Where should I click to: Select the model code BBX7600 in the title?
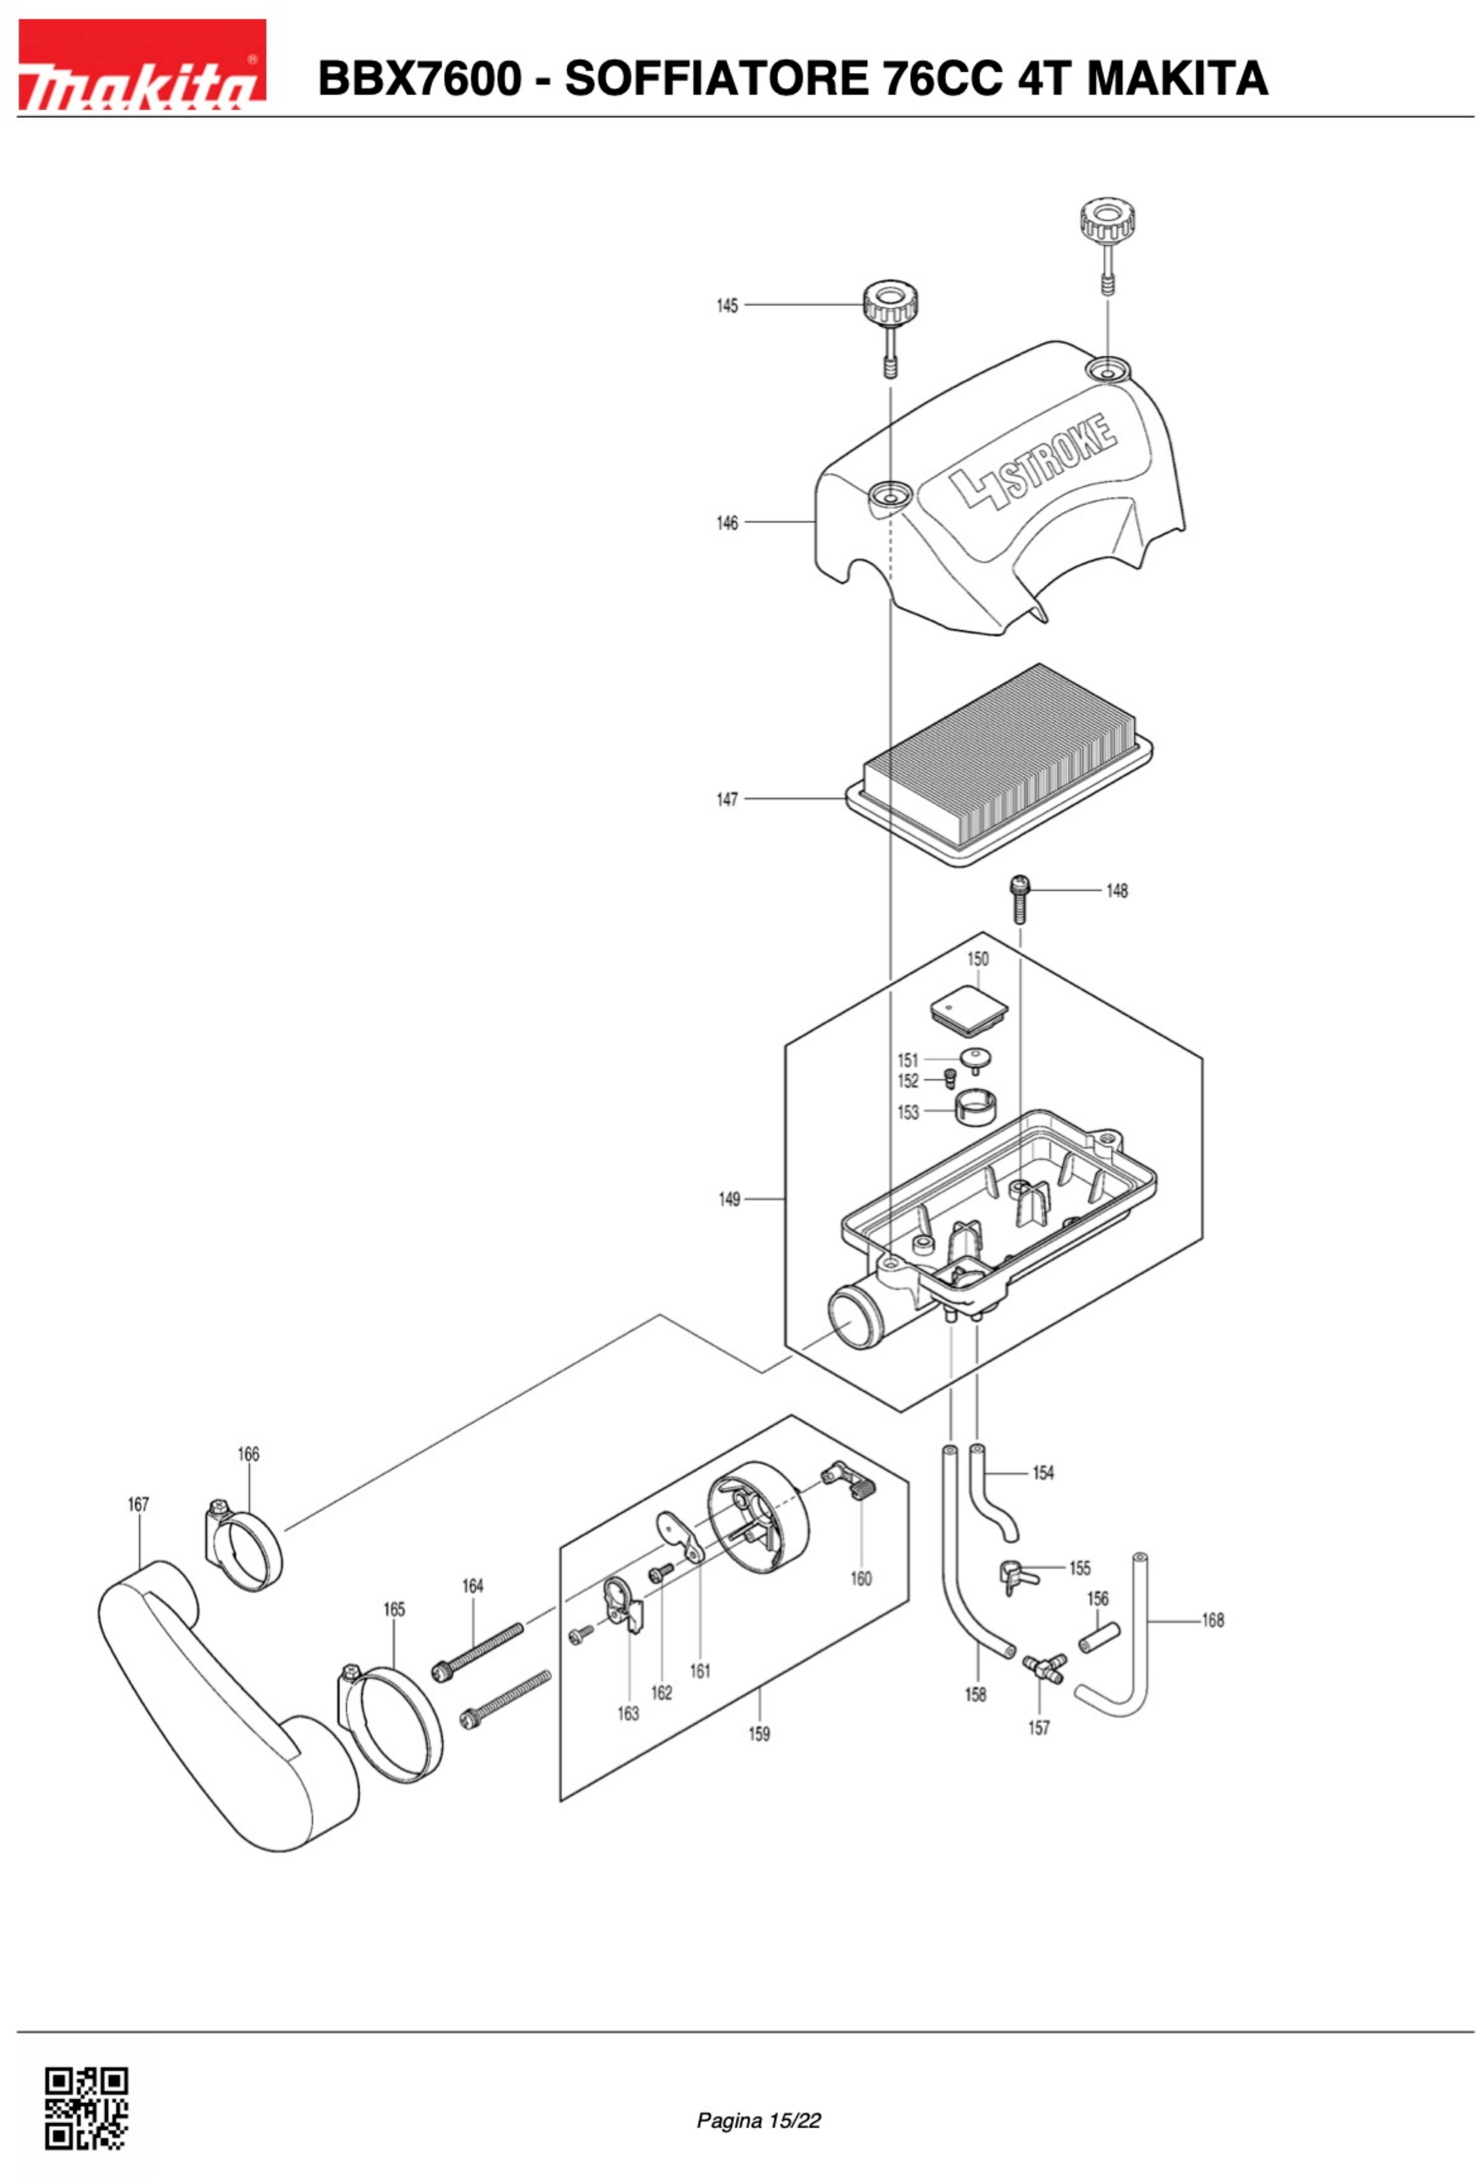coord(418,78)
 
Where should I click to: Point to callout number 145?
coord(727,306)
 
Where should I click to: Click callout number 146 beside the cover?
coord(727,523)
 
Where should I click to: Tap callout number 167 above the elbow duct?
coord(138,1503)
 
